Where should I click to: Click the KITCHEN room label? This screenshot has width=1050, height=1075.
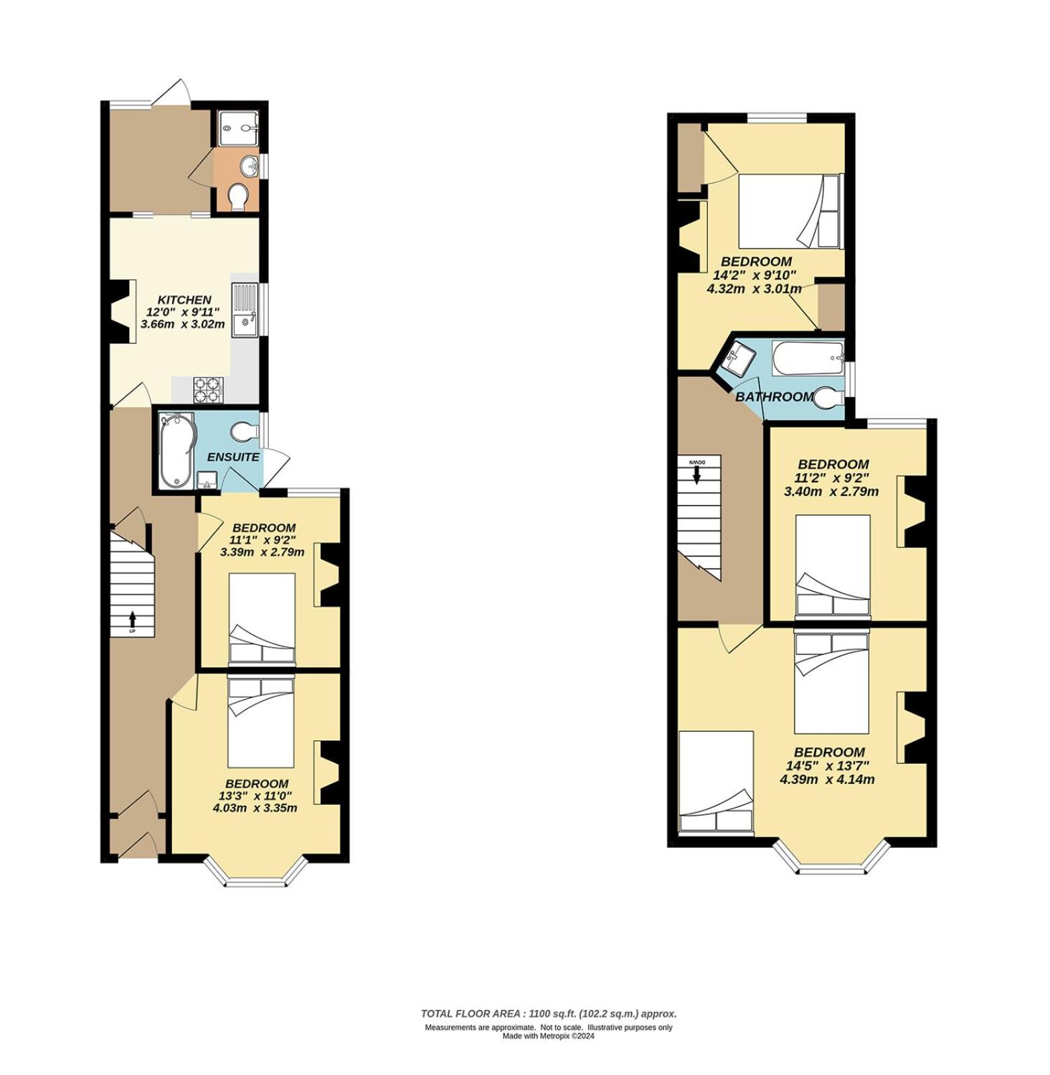pos(184,300)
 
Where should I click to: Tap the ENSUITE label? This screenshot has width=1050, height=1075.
pos(233,457)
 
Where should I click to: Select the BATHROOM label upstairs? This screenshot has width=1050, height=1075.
pos(774,396)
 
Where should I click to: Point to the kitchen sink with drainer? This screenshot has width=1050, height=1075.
pos(245,310)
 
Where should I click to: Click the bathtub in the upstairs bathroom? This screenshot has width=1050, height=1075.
pos(808,358)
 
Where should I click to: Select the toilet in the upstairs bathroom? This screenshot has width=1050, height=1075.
pos(829,398)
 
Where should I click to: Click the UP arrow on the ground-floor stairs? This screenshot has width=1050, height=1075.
pos(132,620)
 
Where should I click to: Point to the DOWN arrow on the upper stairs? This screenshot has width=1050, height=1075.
pos(696,472)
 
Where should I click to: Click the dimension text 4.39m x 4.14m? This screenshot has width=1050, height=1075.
pos(827,779)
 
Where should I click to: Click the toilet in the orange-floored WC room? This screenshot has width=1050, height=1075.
pos(238,197)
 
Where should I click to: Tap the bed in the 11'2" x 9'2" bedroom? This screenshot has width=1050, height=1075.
pos(832,566)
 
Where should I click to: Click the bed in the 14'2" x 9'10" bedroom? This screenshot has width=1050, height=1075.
pos(789,212)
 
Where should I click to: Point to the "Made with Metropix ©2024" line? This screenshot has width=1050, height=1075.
pos(549,1036)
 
